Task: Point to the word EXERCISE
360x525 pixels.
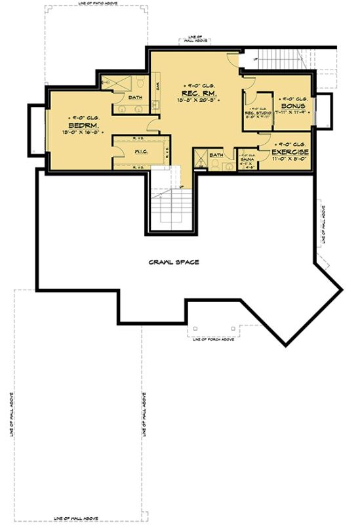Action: pyautogui.click(x=290, y=152)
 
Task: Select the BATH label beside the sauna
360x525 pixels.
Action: pyautogui.click(x=217, y=155)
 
